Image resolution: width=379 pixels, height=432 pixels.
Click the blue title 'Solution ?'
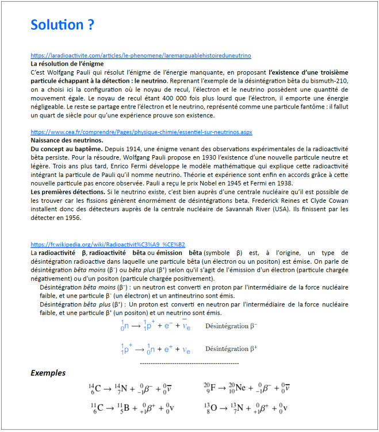[x=62, y=25]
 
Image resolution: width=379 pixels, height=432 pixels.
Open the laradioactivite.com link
[x=141, y=56]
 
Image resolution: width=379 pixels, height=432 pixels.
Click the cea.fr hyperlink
[x=141, y=132]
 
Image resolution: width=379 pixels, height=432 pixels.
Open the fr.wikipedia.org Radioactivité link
[x=108, y=244]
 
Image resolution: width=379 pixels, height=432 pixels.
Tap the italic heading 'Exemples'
[x=48, y=373]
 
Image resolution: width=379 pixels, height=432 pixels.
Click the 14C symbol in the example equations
[x=94, y=388]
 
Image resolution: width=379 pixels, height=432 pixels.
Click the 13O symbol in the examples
[x=210, y=408]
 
